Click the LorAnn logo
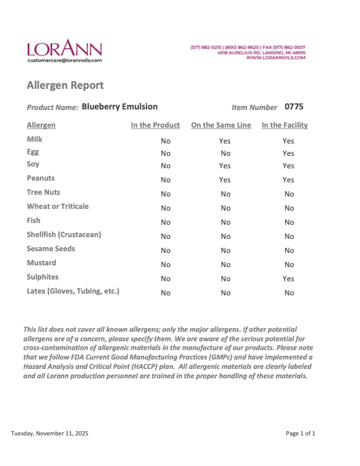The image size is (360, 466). (64, 48)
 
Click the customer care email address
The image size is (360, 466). (64, 60)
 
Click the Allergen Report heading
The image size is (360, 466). (65, 85)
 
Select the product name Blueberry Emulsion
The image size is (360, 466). (119, 106)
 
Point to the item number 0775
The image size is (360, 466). (294, 107)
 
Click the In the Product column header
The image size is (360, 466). (155, 125)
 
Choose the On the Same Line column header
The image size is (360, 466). (221, 125)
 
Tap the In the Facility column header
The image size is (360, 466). (285, 125)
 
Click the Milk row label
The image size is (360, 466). (35, 139)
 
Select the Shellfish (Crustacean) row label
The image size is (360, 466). (64, 234)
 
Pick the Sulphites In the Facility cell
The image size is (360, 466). (288, 278)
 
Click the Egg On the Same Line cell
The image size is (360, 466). (225, 154)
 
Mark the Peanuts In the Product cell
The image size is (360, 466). (166, 179)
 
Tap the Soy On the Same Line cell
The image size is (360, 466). (225, 166)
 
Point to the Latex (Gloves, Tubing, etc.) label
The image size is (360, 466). (73, 291)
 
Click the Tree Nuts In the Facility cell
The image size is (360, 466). (289, 194)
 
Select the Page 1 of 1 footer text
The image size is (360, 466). (301, 434)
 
